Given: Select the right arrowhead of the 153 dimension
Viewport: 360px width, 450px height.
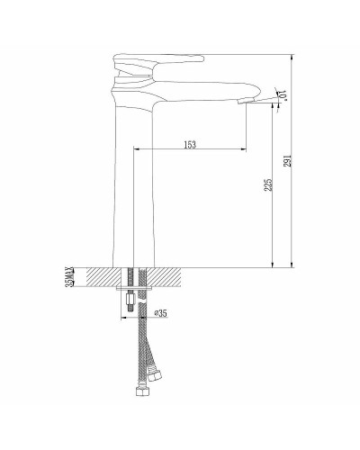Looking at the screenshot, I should (244, 148).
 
